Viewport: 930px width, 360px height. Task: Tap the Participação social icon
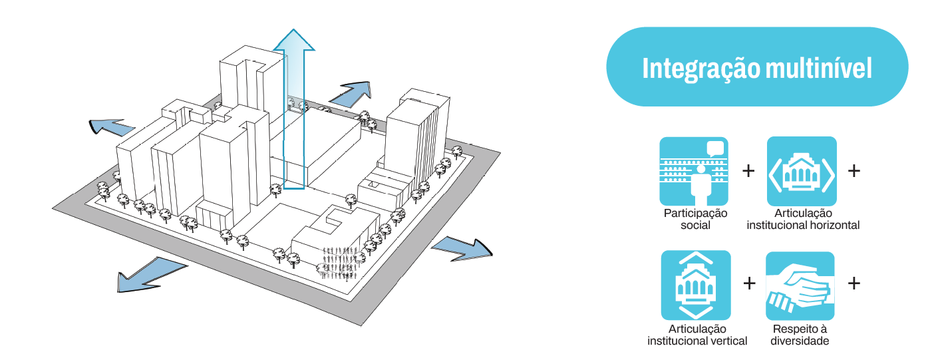point(694,171)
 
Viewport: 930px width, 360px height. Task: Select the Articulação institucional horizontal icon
point(802,171)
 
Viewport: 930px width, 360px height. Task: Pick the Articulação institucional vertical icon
point(695,285)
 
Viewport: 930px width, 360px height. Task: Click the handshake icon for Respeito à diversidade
point(800,285)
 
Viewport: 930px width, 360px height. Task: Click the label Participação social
point(695,219)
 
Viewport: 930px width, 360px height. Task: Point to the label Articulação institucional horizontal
point(803,219)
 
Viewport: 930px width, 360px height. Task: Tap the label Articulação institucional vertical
point(697,335)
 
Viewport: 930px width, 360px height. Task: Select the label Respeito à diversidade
point(800,335)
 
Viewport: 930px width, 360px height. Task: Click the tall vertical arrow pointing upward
point(293,106)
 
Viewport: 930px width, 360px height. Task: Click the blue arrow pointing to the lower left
point(150,273)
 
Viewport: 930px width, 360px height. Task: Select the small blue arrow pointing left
point(110,126)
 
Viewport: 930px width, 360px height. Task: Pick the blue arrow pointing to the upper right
point(351,93)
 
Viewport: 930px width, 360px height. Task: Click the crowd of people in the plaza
point(342,263)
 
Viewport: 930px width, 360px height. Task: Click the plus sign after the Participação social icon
point(748,171)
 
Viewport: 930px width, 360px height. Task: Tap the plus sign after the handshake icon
point(853,283)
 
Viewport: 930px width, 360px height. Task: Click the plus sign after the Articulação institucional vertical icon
point(749,283)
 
